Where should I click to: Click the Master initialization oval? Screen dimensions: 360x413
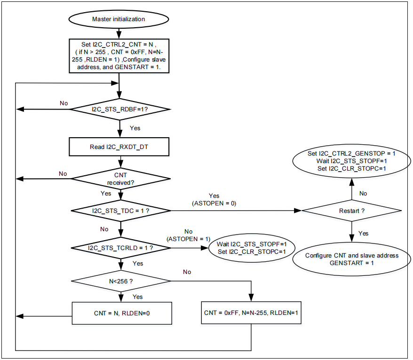coord(118,19)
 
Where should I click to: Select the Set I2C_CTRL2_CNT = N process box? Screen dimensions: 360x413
coord(119,55)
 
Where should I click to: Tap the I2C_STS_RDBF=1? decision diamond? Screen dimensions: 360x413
coord(120,109)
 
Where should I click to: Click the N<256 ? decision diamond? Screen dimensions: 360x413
coord(121,281)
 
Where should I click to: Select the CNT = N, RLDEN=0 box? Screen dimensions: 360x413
coord(121,313)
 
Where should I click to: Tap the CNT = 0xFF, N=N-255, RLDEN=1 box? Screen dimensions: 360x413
coord(251,313)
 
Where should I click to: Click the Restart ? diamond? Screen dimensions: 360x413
coord(351,211)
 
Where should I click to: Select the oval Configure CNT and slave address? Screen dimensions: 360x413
coord(351,259)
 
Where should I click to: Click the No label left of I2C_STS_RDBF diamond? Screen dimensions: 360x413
coord(64,103)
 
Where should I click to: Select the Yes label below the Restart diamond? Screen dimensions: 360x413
coord(364,233)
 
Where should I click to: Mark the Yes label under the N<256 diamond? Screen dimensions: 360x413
coord(137,297)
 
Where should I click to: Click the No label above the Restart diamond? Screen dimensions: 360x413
coord(363,193)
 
